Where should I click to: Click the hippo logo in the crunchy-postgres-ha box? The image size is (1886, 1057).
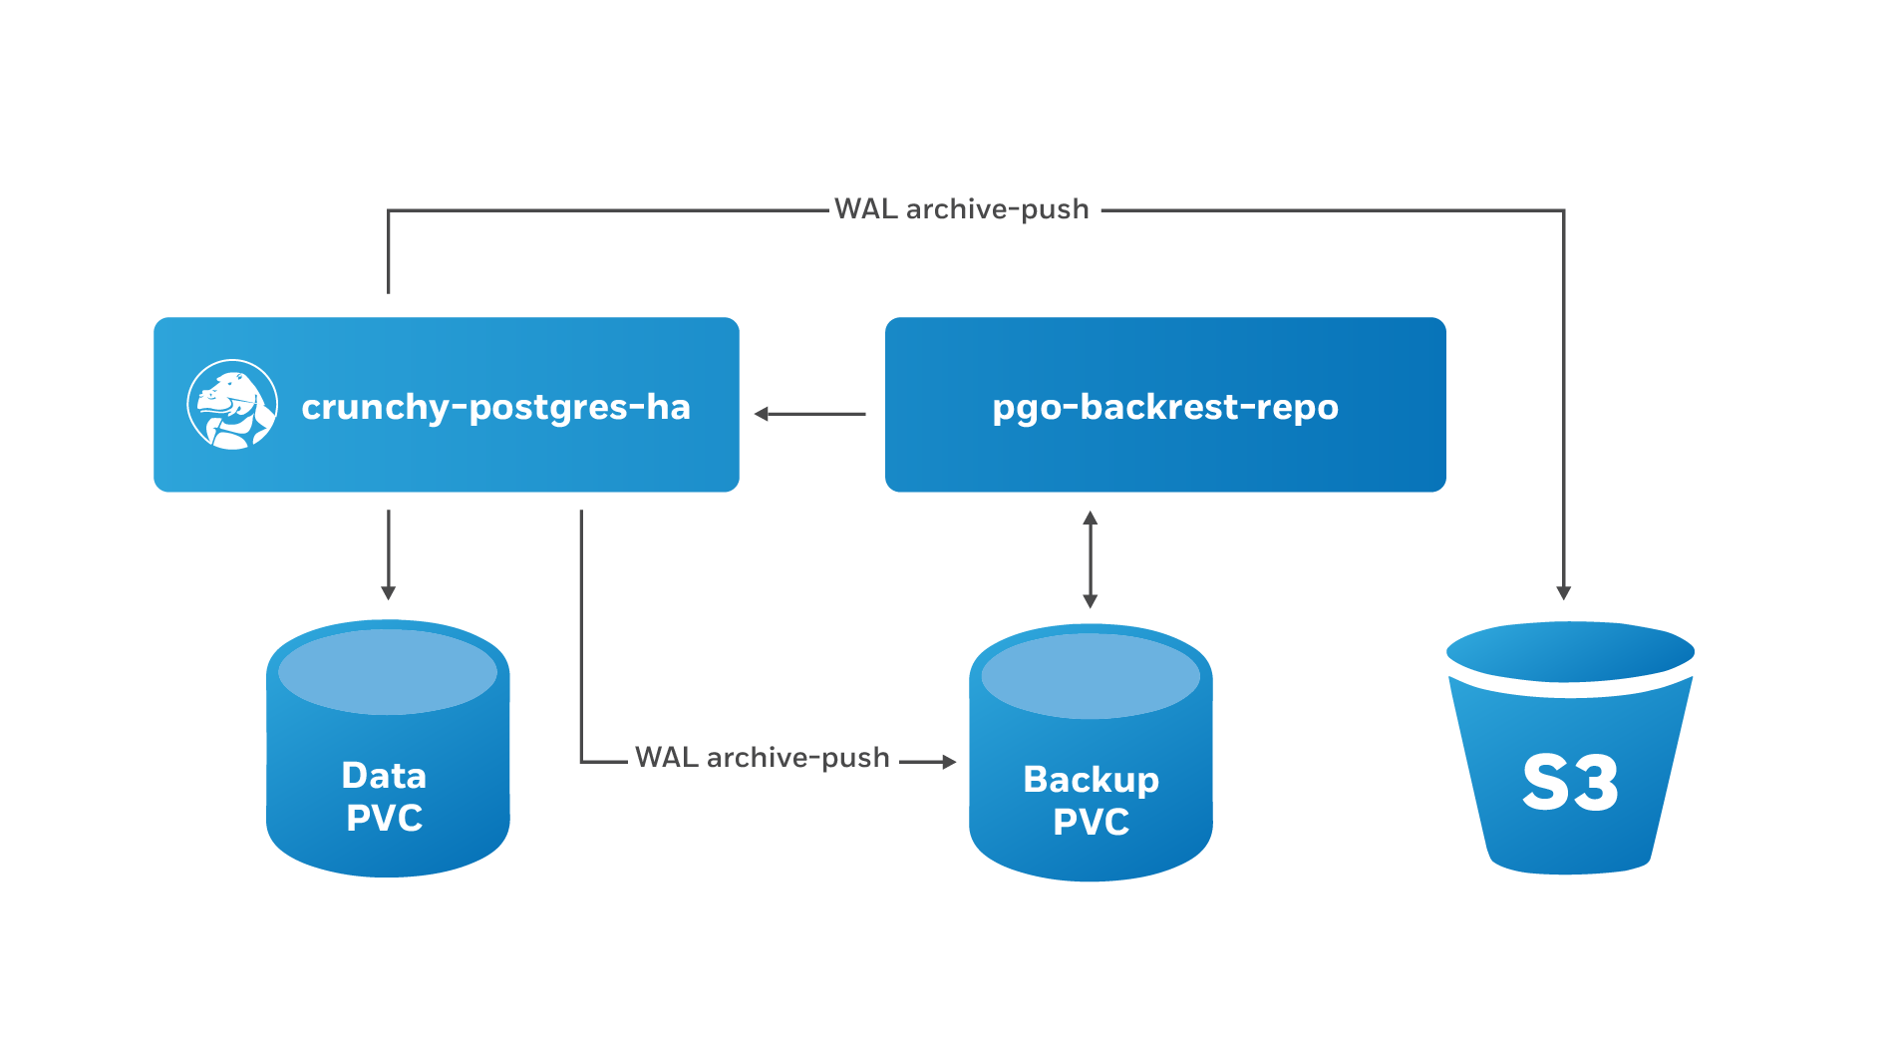pos(232,405)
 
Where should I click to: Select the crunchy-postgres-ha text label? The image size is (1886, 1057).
pos(495,407)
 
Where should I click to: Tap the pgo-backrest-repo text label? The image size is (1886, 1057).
pos(1164,407)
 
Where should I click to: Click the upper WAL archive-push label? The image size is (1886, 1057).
pos(961,209)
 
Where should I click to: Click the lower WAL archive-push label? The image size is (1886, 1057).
pos(762,758)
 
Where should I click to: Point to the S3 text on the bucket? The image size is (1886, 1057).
pos(1570,783)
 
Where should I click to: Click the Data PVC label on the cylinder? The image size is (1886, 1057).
pos(385,797)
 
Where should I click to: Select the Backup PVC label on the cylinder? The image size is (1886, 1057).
pos(1091,801)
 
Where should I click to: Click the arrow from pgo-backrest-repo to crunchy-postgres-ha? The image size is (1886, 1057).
pos(809,414)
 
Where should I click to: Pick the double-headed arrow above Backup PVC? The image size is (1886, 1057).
pos(1091,559)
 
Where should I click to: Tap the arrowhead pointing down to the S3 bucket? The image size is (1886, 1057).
pos(1563,592)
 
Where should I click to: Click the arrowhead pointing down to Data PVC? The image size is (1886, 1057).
pos(389,592)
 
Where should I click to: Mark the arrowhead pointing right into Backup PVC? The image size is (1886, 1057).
pos(949,762)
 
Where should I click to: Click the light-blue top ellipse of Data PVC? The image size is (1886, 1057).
pos(388,671)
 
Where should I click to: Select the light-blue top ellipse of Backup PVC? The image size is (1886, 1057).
pos(1091,675)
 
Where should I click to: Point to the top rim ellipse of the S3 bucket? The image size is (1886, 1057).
pos(1570,651)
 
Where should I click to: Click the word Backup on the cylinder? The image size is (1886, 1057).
pos(1091,780)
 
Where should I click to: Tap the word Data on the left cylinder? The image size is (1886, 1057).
pos(385,776)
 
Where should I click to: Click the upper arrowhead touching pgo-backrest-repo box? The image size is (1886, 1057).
pos(1091,518)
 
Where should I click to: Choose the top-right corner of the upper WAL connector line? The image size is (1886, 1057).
pos(1563,210)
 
